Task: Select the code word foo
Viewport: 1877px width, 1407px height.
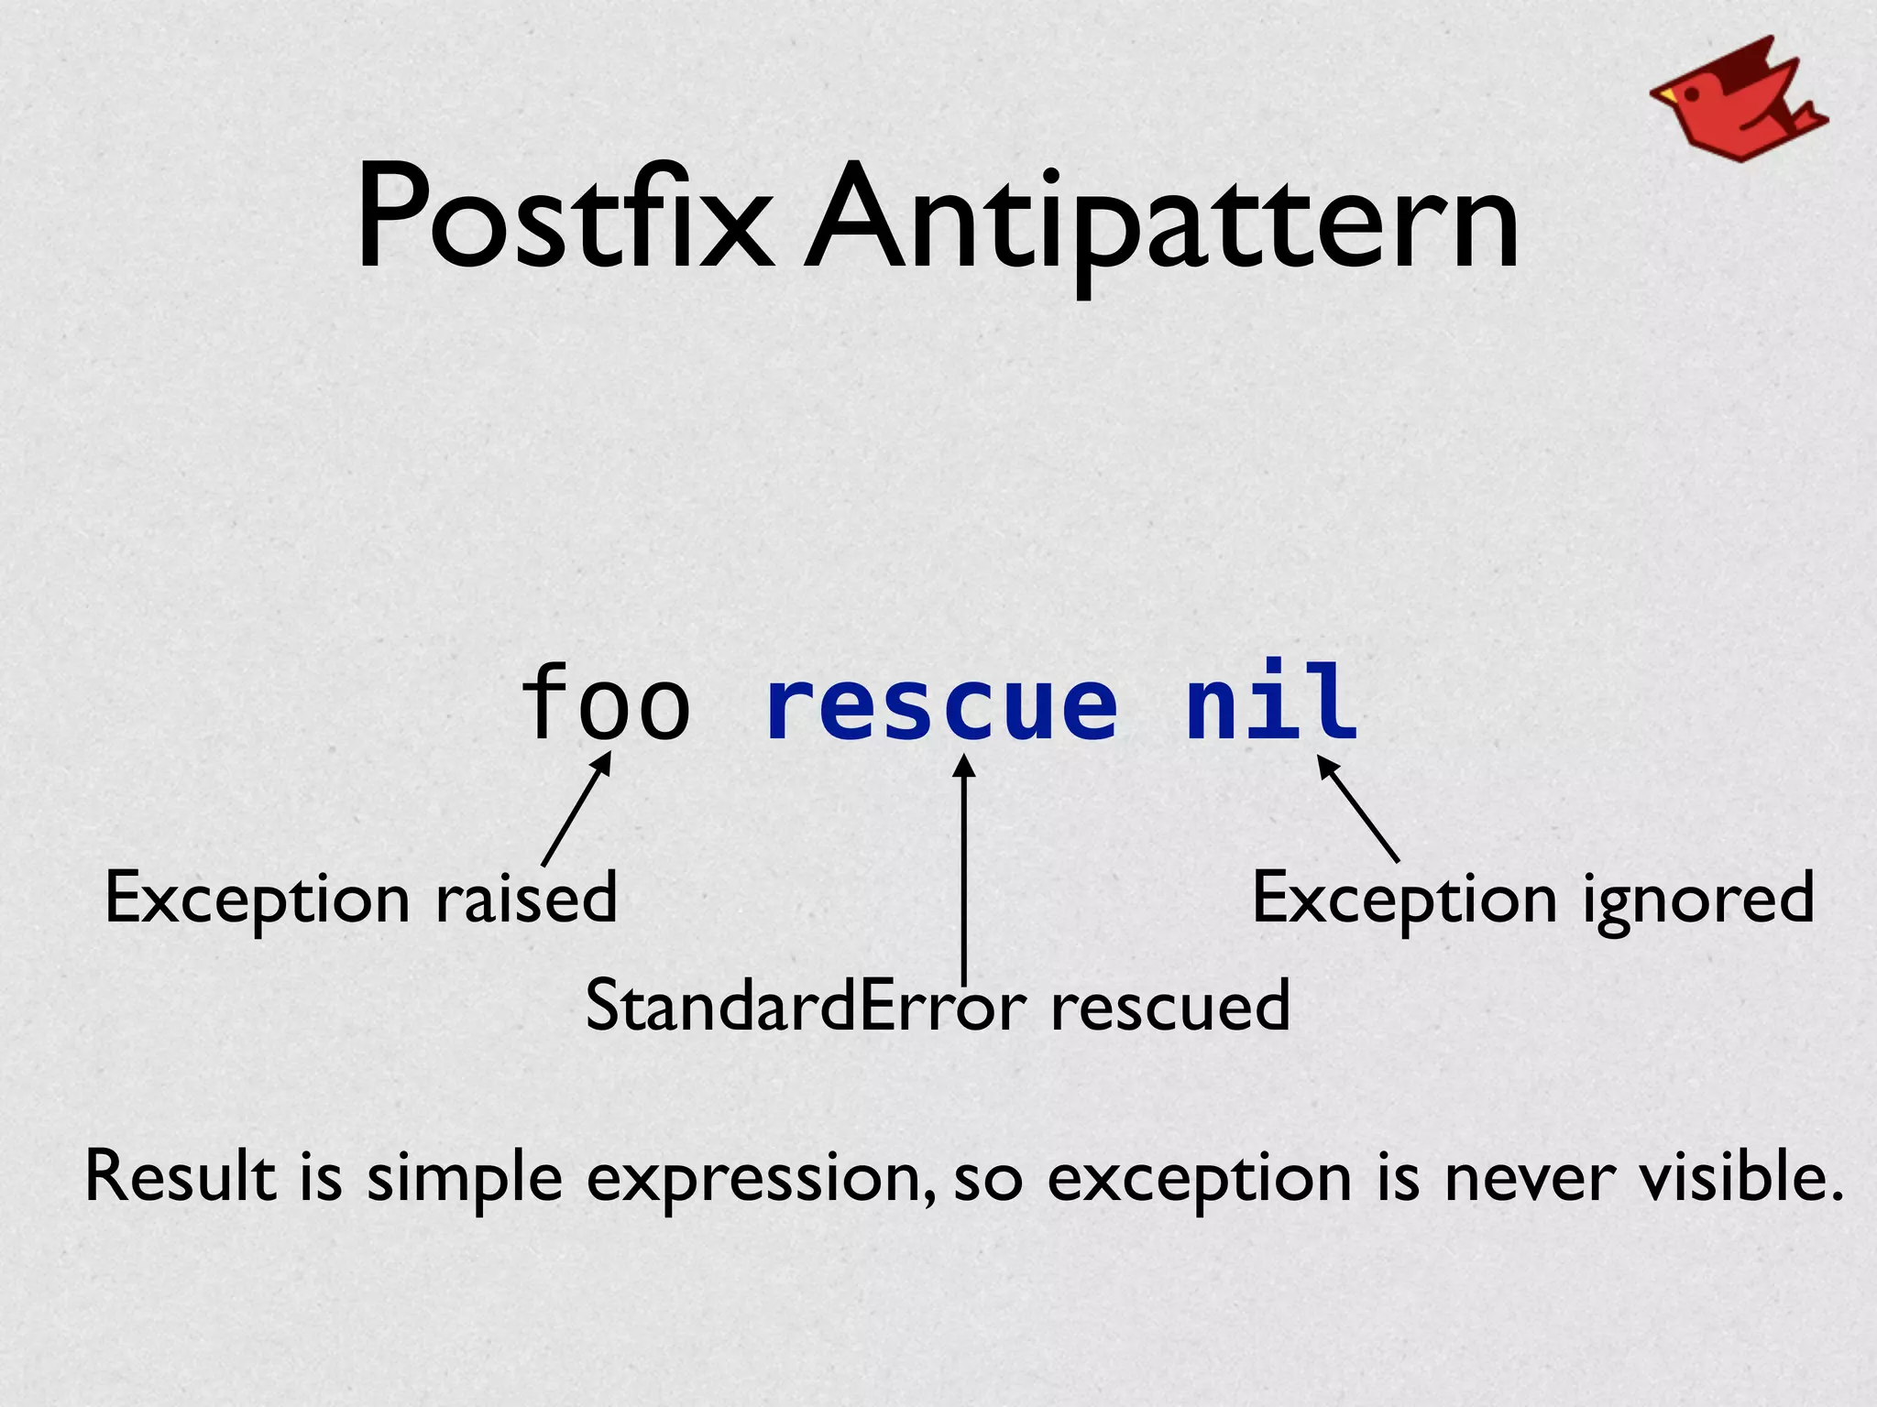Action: (x=605, y=703)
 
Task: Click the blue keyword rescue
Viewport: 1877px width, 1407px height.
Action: (x=941, y=703)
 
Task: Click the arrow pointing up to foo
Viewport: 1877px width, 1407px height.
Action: (x=576, y=810)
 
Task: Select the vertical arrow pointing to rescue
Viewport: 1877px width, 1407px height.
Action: (x=963, y=870)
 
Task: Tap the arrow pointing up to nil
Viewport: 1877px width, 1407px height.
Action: (x=1358, y=808)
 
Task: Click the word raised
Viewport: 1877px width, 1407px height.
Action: (x=525, y=899)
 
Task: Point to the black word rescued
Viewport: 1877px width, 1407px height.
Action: (x=1170, y=1006)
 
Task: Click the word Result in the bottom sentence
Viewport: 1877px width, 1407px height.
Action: (x=180, y=1176)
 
